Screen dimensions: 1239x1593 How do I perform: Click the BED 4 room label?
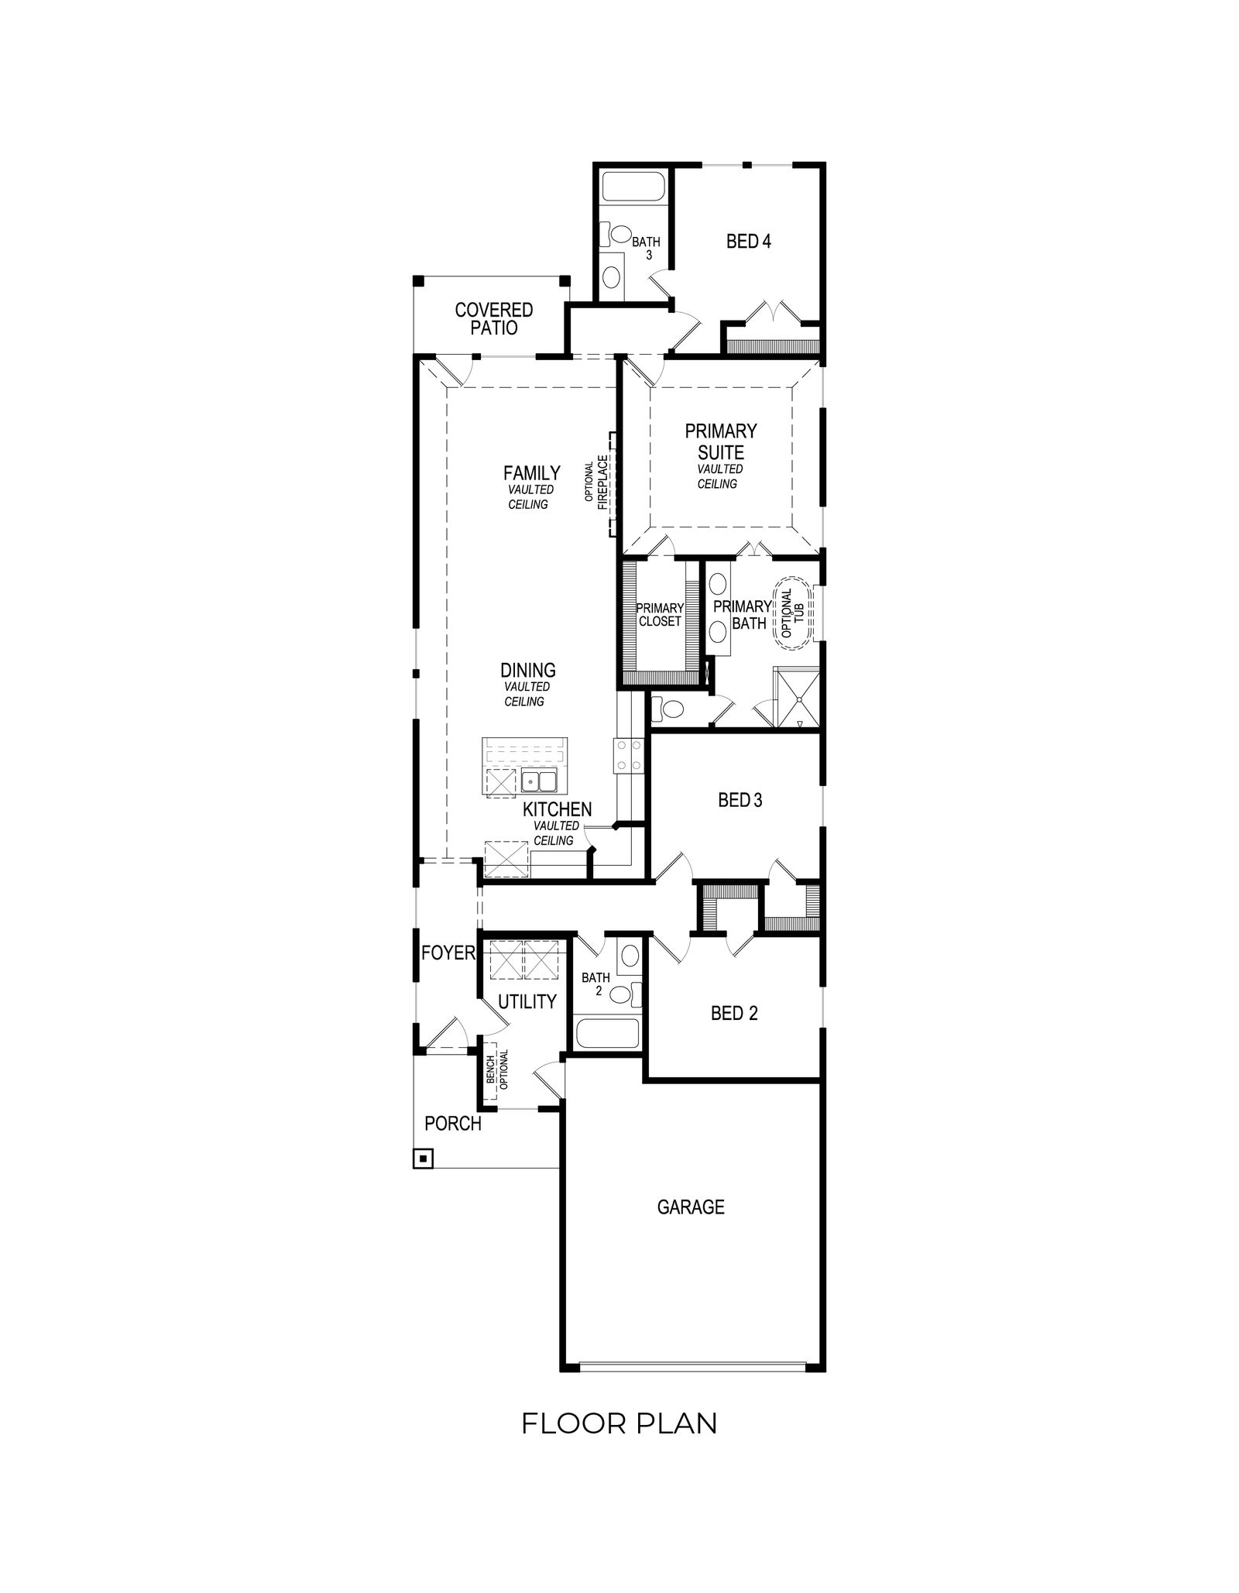748,242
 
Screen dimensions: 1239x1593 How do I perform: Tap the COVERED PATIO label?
494,319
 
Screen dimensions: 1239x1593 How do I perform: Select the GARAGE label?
691,1207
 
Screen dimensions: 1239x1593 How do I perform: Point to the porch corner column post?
424,1159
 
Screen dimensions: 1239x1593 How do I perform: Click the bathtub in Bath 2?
608,1035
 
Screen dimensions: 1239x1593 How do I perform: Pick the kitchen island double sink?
538,781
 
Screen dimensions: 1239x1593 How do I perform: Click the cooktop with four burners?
627,755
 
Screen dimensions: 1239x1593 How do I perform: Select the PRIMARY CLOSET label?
660,615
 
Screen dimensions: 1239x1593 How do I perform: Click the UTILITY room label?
527,1001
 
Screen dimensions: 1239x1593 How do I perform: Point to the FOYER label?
448,953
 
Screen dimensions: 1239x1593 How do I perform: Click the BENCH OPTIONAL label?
496,1069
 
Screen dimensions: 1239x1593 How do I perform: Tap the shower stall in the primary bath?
796,697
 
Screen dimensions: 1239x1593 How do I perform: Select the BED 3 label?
740,800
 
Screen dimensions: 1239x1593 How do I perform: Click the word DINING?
527,670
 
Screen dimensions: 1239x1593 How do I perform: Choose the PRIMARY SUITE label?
720,441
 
